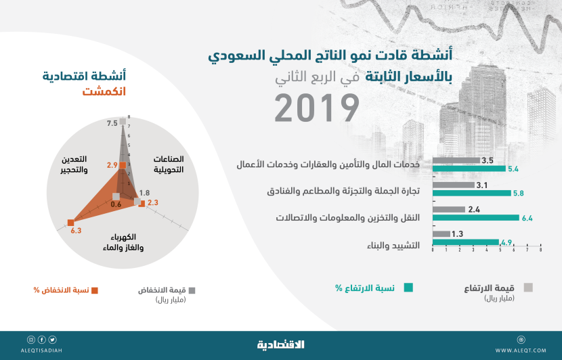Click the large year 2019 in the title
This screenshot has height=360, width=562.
(317, 108)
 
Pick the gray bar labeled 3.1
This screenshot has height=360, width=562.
(452, 185)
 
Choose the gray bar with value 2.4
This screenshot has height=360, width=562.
(447, 209)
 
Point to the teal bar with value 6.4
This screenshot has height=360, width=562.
(474, 217)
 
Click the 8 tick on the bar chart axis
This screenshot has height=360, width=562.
(540, 250)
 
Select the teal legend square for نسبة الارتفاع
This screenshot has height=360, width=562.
(408, 287)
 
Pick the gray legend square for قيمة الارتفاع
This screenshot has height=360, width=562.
(528, 287)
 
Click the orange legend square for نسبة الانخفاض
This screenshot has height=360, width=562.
(95, 290)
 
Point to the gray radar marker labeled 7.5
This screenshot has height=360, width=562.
(123, 122)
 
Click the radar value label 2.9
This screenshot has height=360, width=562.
(112, 165)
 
